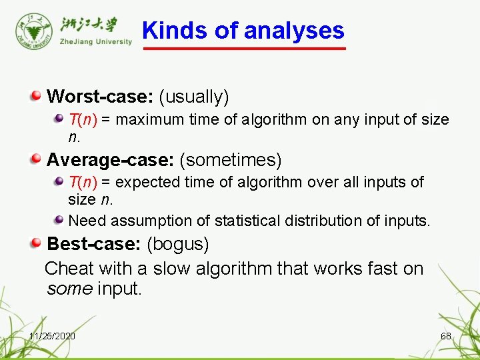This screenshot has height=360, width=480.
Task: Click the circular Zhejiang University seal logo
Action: point(32,29)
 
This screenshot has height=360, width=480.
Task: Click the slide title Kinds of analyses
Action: point(243,31)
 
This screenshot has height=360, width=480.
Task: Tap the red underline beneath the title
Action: point(245,48)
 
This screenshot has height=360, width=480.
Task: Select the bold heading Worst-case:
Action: point(100,97)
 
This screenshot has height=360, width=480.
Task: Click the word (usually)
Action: point(194,97)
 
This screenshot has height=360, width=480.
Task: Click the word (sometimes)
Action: point(231,160)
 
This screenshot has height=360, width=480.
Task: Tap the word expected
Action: point(147,182)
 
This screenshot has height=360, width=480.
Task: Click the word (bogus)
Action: point(178,244)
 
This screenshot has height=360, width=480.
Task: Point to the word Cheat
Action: point(69,269)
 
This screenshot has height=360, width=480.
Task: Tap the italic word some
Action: point(69,289)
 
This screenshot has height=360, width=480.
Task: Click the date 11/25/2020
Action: point(52,336)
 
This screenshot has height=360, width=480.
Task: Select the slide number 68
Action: point(446,336)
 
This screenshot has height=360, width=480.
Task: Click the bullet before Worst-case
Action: point(37,97)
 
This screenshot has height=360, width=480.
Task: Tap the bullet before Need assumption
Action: point(59,219)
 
